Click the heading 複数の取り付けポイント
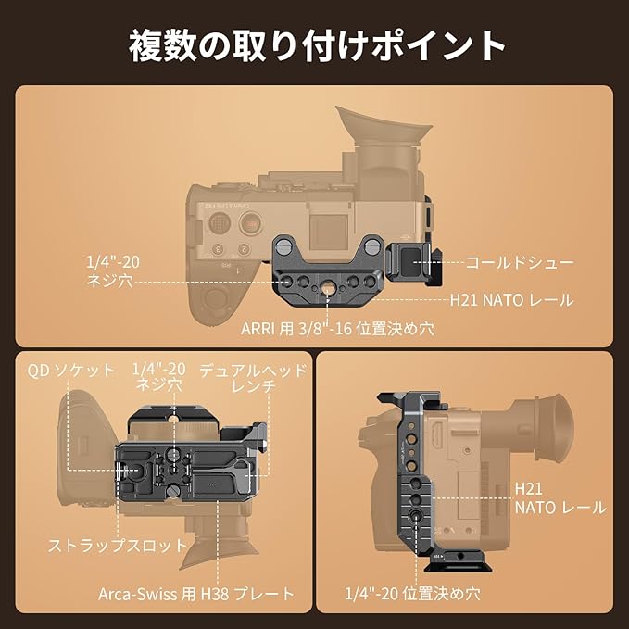tap(317, 45)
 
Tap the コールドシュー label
tap(520, 263)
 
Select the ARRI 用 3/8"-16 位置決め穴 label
tap(337, 329)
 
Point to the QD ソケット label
tap(71, 371)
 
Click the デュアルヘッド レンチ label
tap(253, 378)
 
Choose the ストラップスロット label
tap(118, 546)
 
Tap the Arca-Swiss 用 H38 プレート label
tap(196, 594)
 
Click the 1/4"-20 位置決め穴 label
tap(413, 594)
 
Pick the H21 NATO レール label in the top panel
tap(512, 300)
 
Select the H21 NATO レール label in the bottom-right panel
tap(560, 498)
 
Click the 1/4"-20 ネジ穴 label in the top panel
tap(113, 271)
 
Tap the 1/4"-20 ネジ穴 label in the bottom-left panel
tap(158, 377)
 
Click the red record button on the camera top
tap(251, 222)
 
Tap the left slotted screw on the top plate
tap(283, 244)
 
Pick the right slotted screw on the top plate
tap(373, 245)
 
